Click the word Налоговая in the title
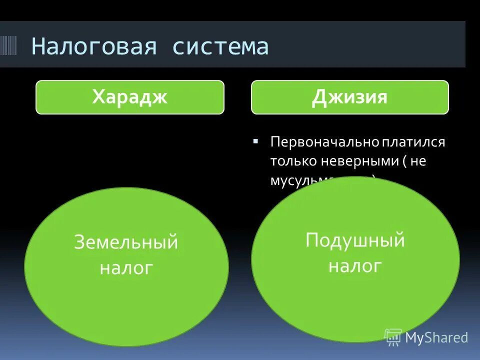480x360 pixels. click(x=94, y=46)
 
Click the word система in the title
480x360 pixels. click(x=220, y=46)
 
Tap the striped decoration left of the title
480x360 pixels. click(x=8, y=46)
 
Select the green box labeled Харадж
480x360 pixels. click(x=129, y=97)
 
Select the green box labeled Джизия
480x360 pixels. click(x=349, y=97)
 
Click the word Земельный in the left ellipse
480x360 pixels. click(x=126, y=242)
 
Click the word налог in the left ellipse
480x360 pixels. click(x=126, y=268)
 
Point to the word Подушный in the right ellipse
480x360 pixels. click(x=355, y=240)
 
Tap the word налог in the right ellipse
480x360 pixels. click(x=355, y=266)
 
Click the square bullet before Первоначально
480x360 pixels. click(x=256, y=141)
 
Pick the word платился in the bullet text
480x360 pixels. click(x=414, y=142)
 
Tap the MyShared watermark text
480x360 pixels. click(x=436, y=337)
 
